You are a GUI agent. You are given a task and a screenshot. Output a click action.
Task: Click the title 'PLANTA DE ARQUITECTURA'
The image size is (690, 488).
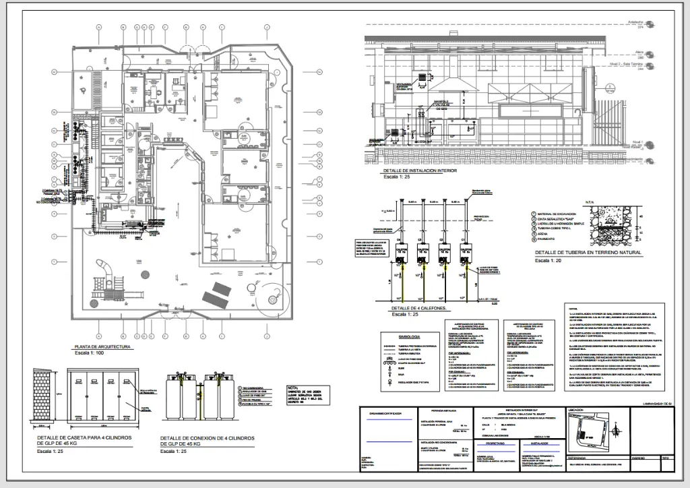102,347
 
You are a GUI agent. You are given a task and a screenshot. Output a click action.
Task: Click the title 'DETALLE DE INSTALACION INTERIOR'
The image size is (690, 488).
418,171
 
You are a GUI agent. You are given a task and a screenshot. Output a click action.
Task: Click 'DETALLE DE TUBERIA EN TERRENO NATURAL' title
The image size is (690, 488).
588,253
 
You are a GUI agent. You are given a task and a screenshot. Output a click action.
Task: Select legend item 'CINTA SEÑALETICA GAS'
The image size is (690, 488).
559,218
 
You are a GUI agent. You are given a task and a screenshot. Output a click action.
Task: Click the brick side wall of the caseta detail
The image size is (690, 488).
43,398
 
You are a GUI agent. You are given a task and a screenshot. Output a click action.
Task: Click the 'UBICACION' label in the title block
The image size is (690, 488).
575,410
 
